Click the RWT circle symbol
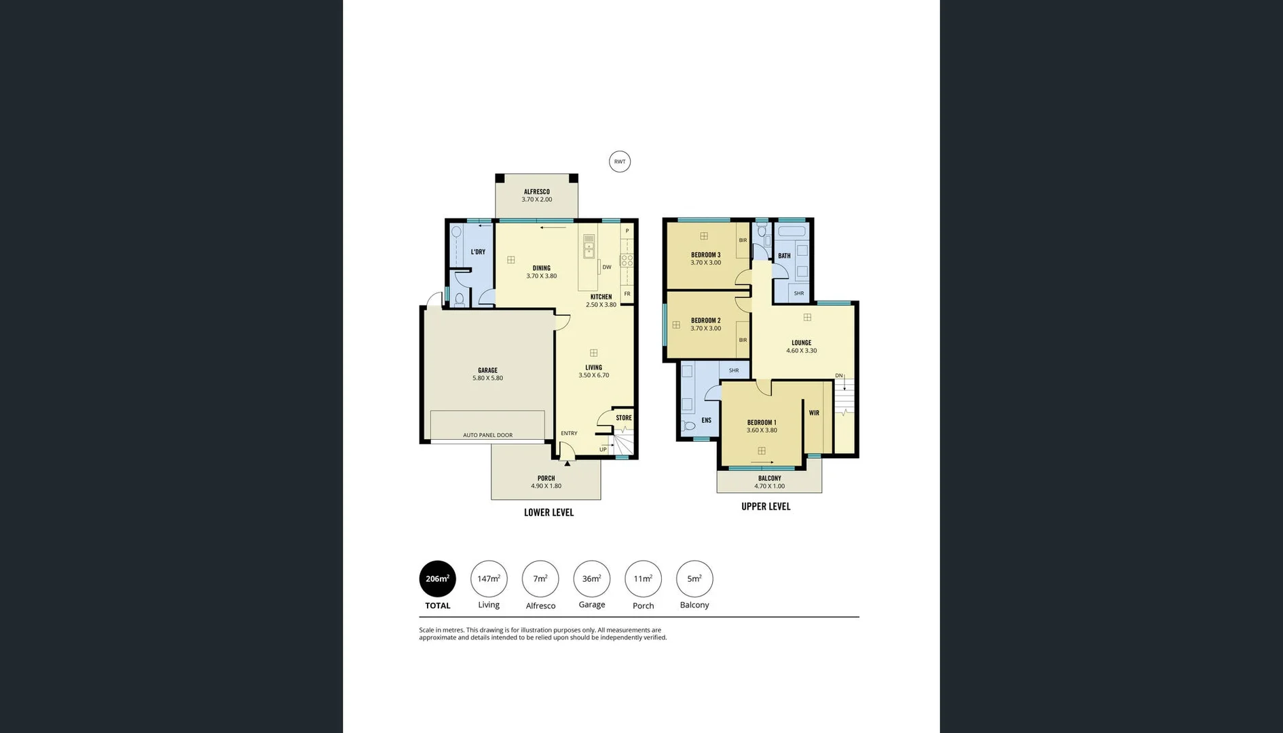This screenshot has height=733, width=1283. tap(619, 162)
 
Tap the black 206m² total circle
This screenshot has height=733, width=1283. tap(437, 579)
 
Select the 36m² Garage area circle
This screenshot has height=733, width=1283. tap(591, 579)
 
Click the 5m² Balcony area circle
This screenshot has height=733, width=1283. tap(694, 579)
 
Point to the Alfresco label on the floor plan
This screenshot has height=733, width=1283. tap(536, 192)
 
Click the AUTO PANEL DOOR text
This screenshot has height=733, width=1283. tap(487, 435)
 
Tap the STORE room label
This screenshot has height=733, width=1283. tap(623, 418)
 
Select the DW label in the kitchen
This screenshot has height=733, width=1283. tap(606, 267)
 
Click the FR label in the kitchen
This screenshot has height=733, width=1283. tap(627, 294)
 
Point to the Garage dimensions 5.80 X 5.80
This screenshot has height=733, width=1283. tap(487, 378)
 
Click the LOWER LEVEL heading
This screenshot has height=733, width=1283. tap(548, 512)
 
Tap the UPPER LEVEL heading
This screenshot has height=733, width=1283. tap(765, 506)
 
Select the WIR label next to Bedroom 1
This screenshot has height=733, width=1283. tap(813, 413)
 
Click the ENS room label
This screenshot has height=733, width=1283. tap(706, 421)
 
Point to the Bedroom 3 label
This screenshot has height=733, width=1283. tap(705, 255)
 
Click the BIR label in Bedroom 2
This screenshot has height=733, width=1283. tap(743, 340)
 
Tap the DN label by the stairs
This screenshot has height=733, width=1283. tap(838, 375)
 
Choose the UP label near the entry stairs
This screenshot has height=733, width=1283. tap(602, 449)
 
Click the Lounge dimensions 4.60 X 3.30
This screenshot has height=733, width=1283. tap(801, 351)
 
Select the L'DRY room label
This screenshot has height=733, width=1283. tap(478, 252)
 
